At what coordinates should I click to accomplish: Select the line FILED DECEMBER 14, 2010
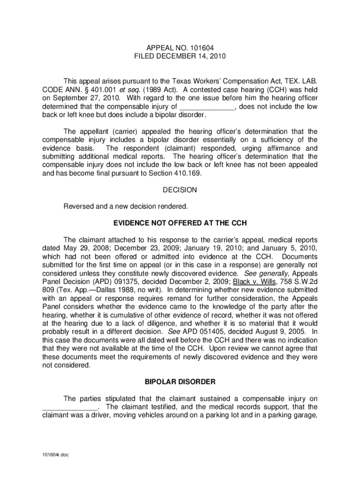click(x=180, y=56)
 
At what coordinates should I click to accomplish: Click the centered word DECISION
click(x=180, y=190)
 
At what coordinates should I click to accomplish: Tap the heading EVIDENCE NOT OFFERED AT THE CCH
click(x=180, y=222)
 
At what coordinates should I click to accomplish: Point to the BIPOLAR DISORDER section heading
click(x=180, y=382)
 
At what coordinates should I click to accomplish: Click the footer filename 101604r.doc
click(x=55, y=454)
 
